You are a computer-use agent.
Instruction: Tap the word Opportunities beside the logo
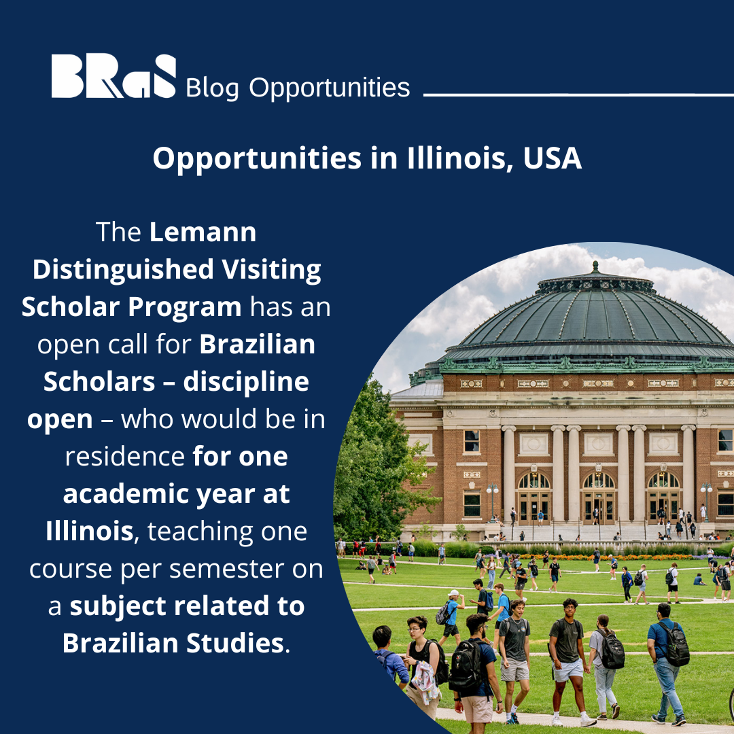coord(330,88)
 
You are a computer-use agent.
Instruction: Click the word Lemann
coord(203,232)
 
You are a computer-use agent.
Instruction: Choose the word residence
coord(124,456)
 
